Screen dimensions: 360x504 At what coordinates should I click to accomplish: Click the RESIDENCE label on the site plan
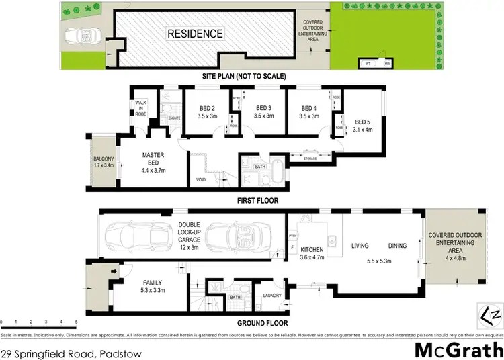[195, 33]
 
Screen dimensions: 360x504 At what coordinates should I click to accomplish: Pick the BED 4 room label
[309, 111]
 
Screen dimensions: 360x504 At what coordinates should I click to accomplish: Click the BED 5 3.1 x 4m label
[363, 124]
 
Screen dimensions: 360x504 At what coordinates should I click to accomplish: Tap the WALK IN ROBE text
[142, 108]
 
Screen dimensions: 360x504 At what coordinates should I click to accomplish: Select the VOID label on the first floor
[200, 180]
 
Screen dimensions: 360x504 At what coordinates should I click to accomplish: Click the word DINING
[397, 246]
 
